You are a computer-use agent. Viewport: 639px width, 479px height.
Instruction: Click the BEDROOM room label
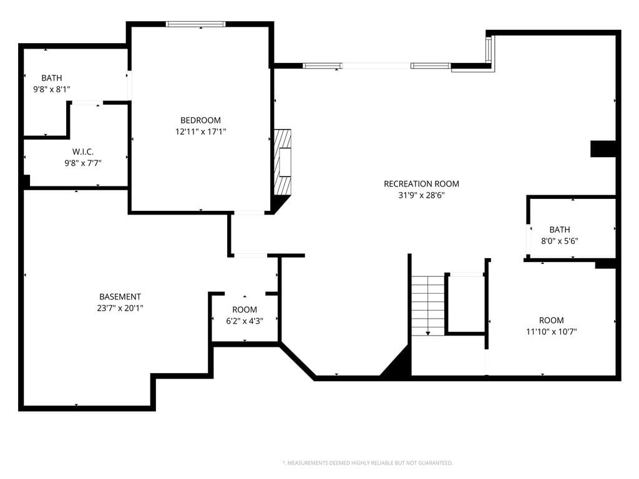click(200, 120)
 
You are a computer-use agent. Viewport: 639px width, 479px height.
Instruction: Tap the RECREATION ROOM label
click(421, 184)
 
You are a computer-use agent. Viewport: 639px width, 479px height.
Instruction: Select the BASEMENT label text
click(120, 296)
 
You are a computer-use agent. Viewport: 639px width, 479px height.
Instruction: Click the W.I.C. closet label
click(83, 152)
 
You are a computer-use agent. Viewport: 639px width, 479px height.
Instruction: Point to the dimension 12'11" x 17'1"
click(200, 132)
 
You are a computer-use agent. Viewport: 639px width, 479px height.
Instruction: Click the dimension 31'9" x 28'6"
click(421, 195)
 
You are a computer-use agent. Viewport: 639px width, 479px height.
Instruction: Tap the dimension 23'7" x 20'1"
click(120, 308)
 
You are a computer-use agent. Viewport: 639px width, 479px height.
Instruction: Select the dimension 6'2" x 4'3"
click(245, 321)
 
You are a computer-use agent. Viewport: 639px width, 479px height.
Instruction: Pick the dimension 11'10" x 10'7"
click(552, 332)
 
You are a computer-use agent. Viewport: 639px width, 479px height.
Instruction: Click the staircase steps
click(427, 306)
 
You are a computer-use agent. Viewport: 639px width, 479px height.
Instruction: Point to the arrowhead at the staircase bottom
click(428, 333)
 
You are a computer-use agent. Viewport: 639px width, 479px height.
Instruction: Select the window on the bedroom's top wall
click(195, 24)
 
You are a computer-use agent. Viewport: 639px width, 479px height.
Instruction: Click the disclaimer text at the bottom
click(368, 463)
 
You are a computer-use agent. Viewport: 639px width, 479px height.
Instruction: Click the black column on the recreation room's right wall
click(603, 148)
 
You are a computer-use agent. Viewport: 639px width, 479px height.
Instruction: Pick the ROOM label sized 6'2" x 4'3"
click(245, 309)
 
